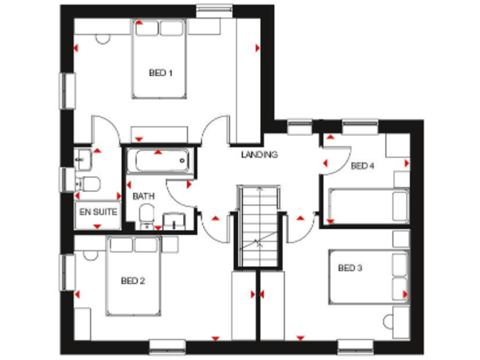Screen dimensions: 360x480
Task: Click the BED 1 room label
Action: (x=161, y=73)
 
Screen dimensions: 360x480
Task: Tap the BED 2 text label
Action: (x=132, y=281)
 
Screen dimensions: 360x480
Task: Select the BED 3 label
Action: (x=350, y=269)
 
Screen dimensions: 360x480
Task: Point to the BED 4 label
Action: (x=362, y=166)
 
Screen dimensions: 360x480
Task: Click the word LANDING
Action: (x=259, y=154)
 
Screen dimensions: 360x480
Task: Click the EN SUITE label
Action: (x=98, y=212)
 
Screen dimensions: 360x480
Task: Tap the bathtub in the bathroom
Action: (x=158, y=161)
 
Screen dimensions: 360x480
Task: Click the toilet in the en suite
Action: (x=89, y=184)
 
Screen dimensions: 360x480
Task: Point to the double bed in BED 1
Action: (x=160, y=59)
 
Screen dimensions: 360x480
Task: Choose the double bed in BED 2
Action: (x=133, y=275)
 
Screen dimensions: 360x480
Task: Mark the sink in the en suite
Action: (x=82, y=159)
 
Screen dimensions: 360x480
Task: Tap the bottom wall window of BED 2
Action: (x=167, y=343)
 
